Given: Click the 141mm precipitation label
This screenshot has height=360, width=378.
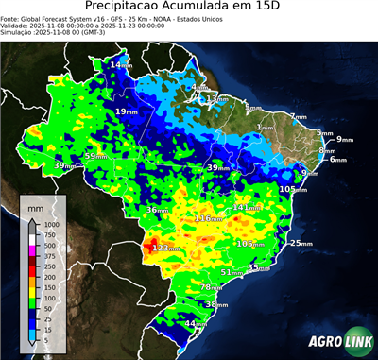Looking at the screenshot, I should (x=247, y=207).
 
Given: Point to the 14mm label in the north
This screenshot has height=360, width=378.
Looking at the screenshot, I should (x=121, y=64).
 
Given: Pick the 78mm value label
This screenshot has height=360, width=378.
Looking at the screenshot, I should (x=213, y=287).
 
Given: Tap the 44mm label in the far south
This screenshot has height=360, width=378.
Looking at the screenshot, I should (x=196, y=324).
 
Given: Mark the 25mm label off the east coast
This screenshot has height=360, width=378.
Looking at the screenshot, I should (x=301, y=244).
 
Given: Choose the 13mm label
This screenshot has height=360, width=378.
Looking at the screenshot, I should (x=216, y=99).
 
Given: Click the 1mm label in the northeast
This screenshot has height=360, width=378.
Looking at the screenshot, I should (x=265, y=128).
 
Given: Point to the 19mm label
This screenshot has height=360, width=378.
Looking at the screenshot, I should (x=126, y=111).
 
